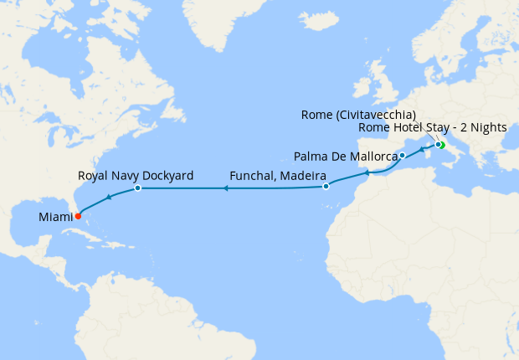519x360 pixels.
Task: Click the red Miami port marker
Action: pos(78,215)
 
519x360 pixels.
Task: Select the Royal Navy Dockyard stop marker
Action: pos(137,188)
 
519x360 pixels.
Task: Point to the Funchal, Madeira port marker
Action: pos(326,187)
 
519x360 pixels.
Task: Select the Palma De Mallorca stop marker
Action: pos(403,155)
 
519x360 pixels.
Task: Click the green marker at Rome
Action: pos(441,146)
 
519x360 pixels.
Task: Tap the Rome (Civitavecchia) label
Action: pos(357,115)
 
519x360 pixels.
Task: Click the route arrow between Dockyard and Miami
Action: pos(108,198)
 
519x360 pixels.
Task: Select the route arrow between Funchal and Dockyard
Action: pos(225,189)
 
